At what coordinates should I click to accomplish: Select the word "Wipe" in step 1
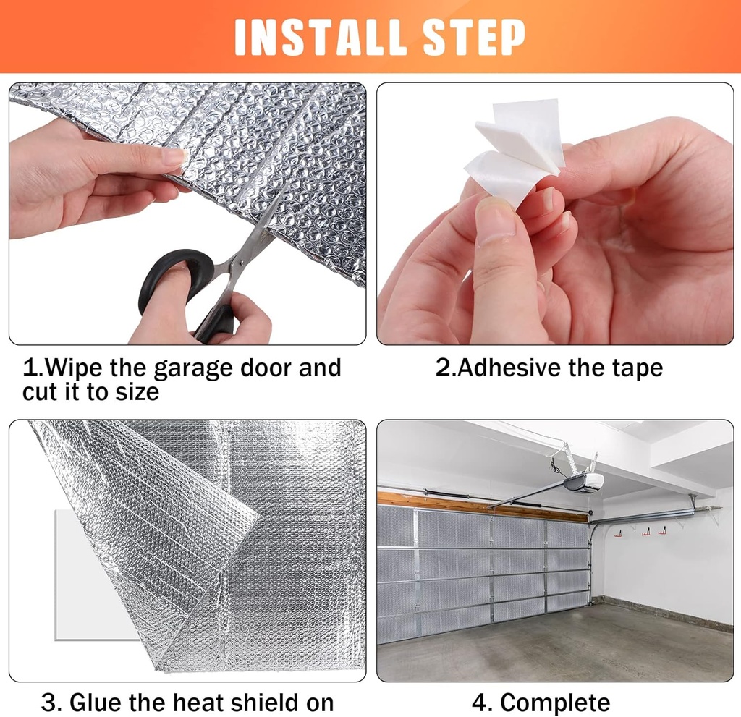[75, 368]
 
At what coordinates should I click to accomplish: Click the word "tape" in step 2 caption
[635, 368]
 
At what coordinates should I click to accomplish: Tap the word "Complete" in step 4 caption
[556, 703]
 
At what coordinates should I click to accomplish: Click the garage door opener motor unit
[584, 483]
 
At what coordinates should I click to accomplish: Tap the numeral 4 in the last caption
[480, 703]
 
